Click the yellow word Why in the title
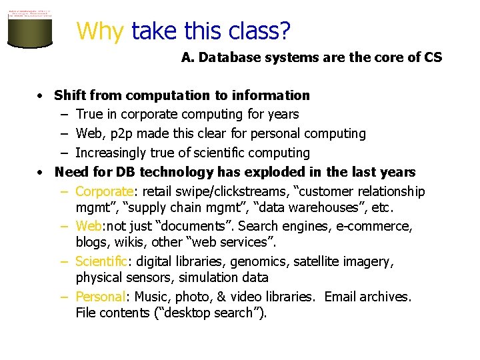coord(100,31)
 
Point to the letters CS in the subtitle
coord(433,57)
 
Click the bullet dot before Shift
coord(41,96)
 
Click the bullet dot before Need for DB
coord(41,173)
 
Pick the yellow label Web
coord(89,226)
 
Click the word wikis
coord(133,242)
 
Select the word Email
coord(342,297)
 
